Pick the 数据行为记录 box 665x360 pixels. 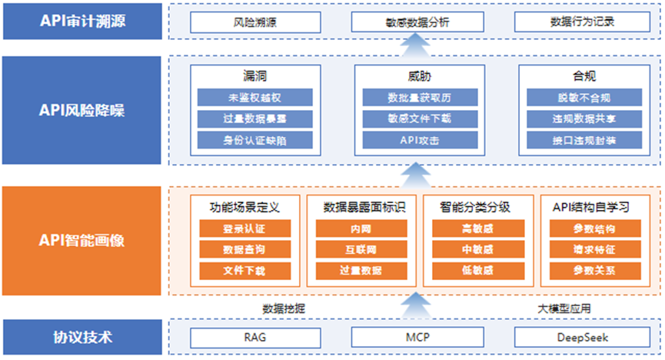pyautogui.click(x=582, y=22)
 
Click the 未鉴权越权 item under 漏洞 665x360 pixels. pyautogui.click(x=255, y=98)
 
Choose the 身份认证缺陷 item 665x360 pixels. pyautogui.click(x=255, y=140)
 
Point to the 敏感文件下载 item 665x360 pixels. pyautogui.click(x=420, y=118)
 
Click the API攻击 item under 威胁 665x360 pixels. pyautogui.click(x=420, y=140)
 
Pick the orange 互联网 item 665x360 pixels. pyautogui.click(x=362, y=250)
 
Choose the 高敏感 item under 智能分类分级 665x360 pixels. pyautogui.click(x=478, y=228)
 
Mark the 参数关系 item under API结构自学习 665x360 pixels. pyautogui.click(x=594, y=271)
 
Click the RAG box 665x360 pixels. pyautogui.click(x=255, y=337)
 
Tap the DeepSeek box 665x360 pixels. pyautogui.click(x=582, y=337)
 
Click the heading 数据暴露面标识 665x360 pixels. pyautogui.click(x=362, y=207)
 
